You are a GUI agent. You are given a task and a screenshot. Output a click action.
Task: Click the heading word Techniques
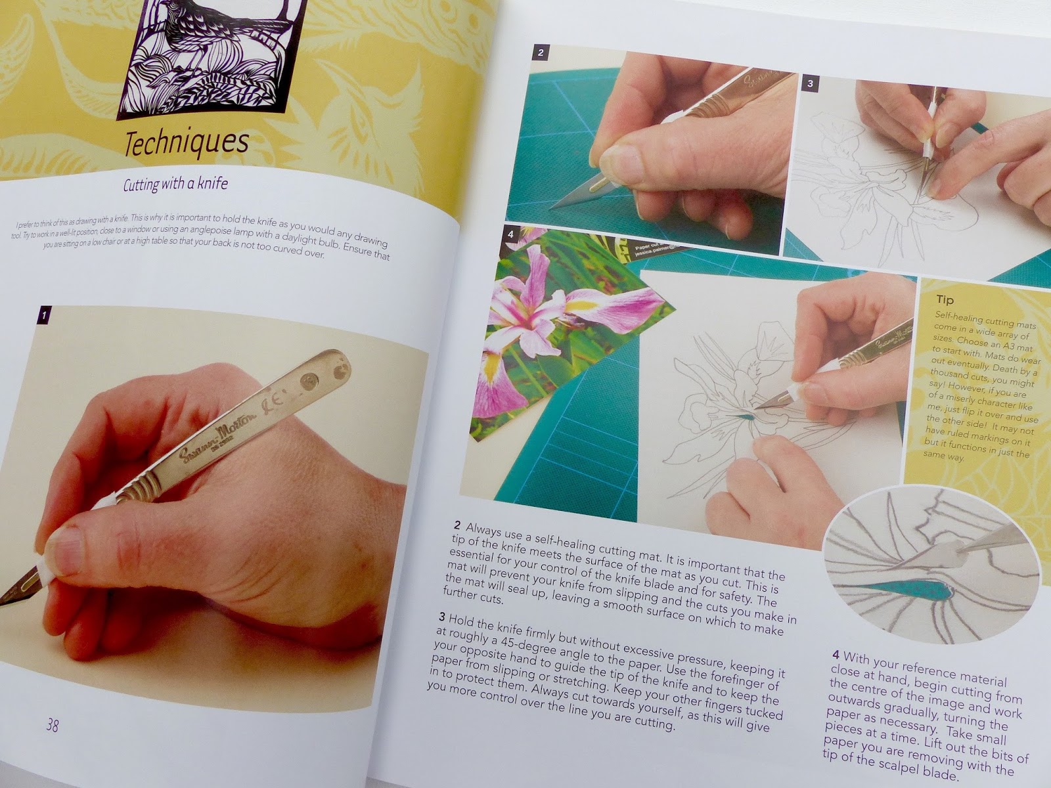point(187,144)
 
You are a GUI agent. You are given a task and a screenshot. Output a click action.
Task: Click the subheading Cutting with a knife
point(175,185)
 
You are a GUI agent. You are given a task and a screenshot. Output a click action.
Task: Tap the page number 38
point(53,725)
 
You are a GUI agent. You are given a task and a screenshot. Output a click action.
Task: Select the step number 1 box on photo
point(43,315)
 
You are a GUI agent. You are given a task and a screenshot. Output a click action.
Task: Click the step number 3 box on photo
point(811,83)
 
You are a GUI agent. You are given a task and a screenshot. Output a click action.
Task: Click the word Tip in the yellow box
point(945,300)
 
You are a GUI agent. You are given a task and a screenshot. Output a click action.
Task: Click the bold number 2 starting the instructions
point(458,526)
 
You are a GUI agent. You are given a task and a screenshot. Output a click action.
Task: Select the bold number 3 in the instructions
point(441,617)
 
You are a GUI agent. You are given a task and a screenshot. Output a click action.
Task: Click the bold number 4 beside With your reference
point(836,656)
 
